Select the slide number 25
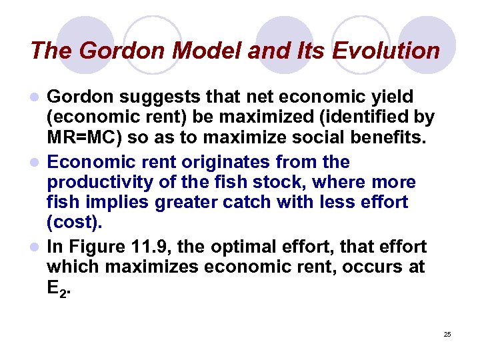(x=447, y=334)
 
